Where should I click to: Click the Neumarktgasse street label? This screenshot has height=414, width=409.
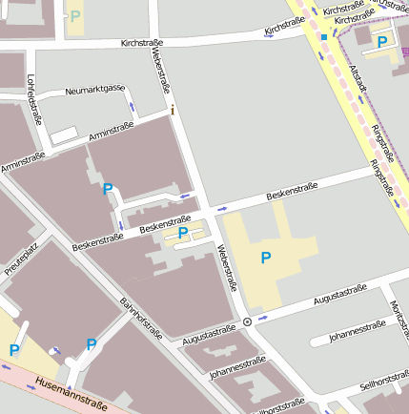pyautogui.click(x=95, y=90)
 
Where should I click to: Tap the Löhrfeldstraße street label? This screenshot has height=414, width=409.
pyautogui.click(x=35, y=100)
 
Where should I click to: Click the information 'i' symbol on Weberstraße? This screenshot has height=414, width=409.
pyautogui.click(x=173, y=111)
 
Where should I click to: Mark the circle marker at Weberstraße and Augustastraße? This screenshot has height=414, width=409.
pyautogui.click(x=248, y=321)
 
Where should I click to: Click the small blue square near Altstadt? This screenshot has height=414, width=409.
pyautogui.click(x=324, y=38)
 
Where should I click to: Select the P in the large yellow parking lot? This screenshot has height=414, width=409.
pyautogui.click(x=266, y=257)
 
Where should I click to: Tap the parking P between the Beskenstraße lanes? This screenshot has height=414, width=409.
pyautogui.click(x=182, y=232)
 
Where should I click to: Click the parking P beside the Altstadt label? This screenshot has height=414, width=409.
pyautogui.click(x=382, y=42)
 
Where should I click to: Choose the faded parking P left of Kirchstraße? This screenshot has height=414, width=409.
pyautogui.click(x=75, y=16)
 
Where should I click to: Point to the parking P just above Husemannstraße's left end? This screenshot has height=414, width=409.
pyautogui.click(x=14, y=350)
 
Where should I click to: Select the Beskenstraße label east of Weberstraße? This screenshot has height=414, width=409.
pyautogui.click(x=292, y=194)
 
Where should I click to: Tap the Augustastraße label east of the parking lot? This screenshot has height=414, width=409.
pyautogui.click(x=340, y=291)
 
